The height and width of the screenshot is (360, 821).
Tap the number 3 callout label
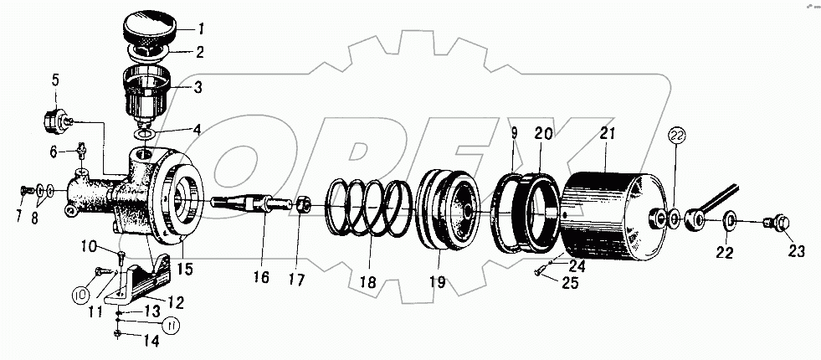pyautogui.click(x=198, y=86)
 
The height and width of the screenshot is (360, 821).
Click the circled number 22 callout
pyautogui.click(x=676, y=135)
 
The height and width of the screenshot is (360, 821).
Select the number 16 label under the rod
pyautogui.click(x=264, y=277)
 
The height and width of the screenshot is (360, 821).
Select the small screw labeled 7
pyautogui.click(x=23, y=192)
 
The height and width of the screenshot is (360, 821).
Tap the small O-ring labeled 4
pyautogui.click(x=144, y=133)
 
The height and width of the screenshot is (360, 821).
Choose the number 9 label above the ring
pyautogui.click(x=515, y=131)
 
